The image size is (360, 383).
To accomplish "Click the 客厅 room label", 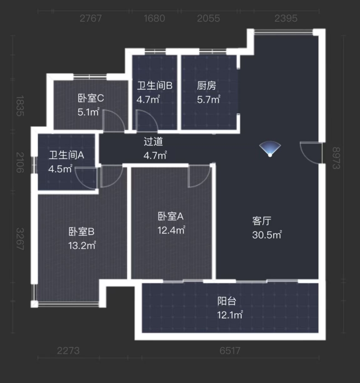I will [261, 221].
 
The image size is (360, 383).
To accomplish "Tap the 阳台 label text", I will [226, 301].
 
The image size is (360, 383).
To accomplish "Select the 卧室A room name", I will [170, 216].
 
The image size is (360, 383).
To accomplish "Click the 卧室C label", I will [91, 98].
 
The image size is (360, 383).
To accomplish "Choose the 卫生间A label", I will [67, 155].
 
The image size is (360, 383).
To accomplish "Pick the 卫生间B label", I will [154, 85].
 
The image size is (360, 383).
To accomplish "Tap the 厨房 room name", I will [206, 85].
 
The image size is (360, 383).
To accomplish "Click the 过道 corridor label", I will [153, 142].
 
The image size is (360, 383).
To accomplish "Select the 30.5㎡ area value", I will [266, 235].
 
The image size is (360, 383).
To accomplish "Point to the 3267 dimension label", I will [19, 239].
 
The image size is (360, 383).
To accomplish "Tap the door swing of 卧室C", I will [113, 121].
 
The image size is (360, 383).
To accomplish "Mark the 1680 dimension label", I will [154, 18].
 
